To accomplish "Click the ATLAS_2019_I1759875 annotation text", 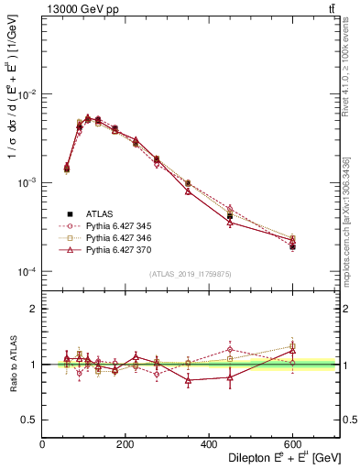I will coord(190,273).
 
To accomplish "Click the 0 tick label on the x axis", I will coord(43,444).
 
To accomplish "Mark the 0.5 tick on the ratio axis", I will coord(29,419).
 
